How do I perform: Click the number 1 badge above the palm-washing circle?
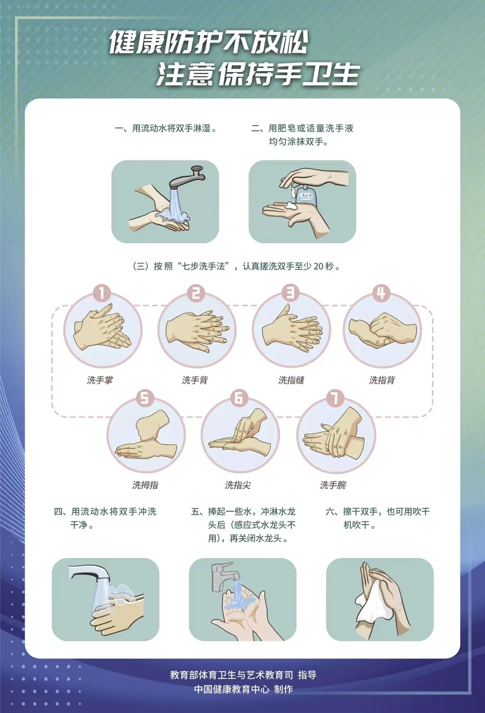click(x=101, y=293)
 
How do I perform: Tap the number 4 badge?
click(x=381, y=293)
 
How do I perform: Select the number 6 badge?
click(x=238, y=398)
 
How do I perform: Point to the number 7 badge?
click(x=335, y=398)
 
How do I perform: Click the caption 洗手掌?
click(x=100, y=380)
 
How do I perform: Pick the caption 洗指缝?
click(x=291, y=380)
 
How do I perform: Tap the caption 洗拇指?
click(x=145, y=485)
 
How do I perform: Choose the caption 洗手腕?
click(x=333, y=485)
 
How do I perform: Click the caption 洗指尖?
click(x=238, y=485)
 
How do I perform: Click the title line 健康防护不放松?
click(x=209, y=42)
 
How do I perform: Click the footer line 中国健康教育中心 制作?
click(x=243, y=689)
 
